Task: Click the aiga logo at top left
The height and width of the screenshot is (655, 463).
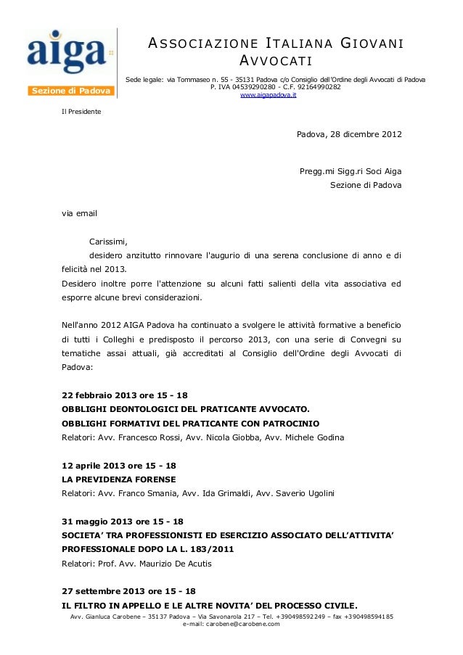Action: tap(65, 51)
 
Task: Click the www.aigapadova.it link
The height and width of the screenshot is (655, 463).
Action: tap(268, 95)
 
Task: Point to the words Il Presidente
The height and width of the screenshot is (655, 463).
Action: tap(81, 112)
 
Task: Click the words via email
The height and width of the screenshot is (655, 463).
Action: tap(79, 215)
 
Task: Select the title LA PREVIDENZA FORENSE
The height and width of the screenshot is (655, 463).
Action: tap(120, 480)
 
